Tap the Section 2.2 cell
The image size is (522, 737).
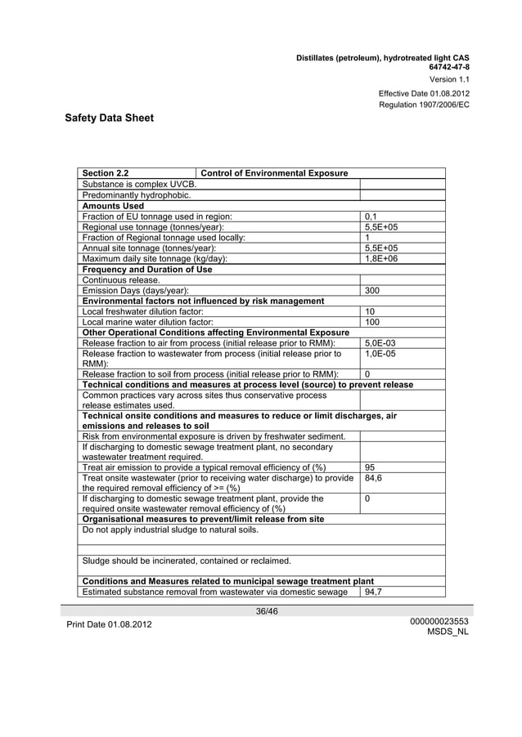(106, 173)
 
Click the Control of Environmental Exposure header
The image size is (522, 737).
(274, 173)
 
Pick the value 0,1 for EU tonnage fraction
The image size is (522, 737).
(370, 216)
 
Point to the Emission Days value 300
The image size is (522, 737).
(374, 290)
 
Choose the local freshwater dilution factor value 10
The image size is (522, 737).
(370, 311)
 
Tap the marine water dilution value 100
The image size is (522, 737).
(372, 322)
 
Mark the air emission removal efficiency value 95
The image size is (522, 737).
(370, 468)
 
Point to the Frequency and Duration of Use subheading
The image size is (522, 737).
(147, 269)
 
